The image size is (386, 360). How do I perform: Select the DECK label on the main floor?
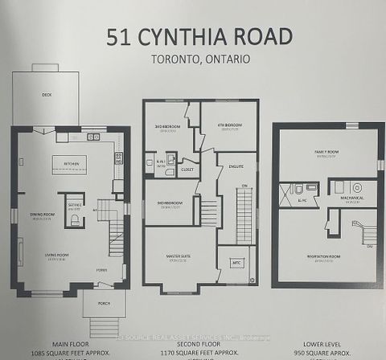pyautogui.click(x=47, y=93)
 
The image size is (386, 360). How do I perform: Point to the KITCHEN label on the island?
pyautogui.click(x=72, y=163)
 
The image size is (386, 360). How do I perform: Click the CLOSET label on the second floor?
pyautogui.click(x=189, y=170)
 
